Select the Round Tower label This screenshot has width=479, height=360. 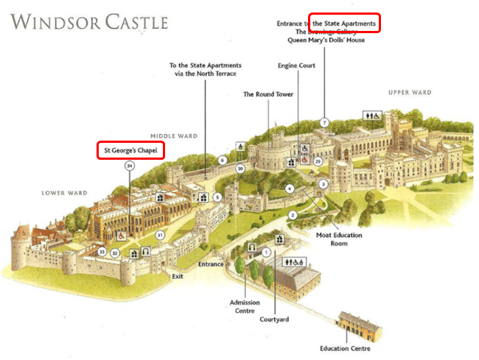(269, 94)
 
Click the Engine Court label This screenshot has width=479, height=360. (297, 66)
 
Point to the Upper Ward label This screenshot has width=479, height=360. (410, 93)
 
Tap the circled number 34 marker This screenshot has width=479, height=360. (130, 166)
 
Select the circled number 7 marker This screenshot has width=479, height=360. (324, 121)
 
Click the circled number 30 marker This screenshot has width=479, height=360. (240, 169)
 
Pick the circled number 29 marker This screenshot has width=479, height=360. (318, 160)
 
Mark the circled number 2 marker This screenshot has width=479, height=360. (293, 215)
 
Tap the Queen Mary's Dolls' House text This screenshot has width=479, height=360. (326, 40)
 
